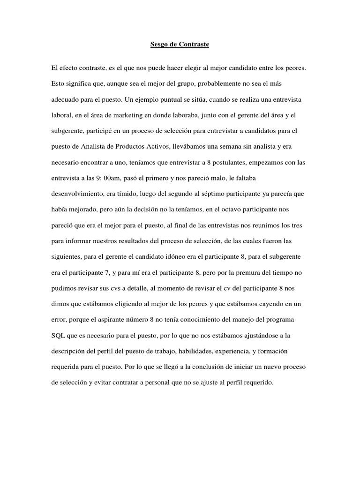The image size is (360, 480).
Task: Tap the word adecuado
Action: coord(65,99)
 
